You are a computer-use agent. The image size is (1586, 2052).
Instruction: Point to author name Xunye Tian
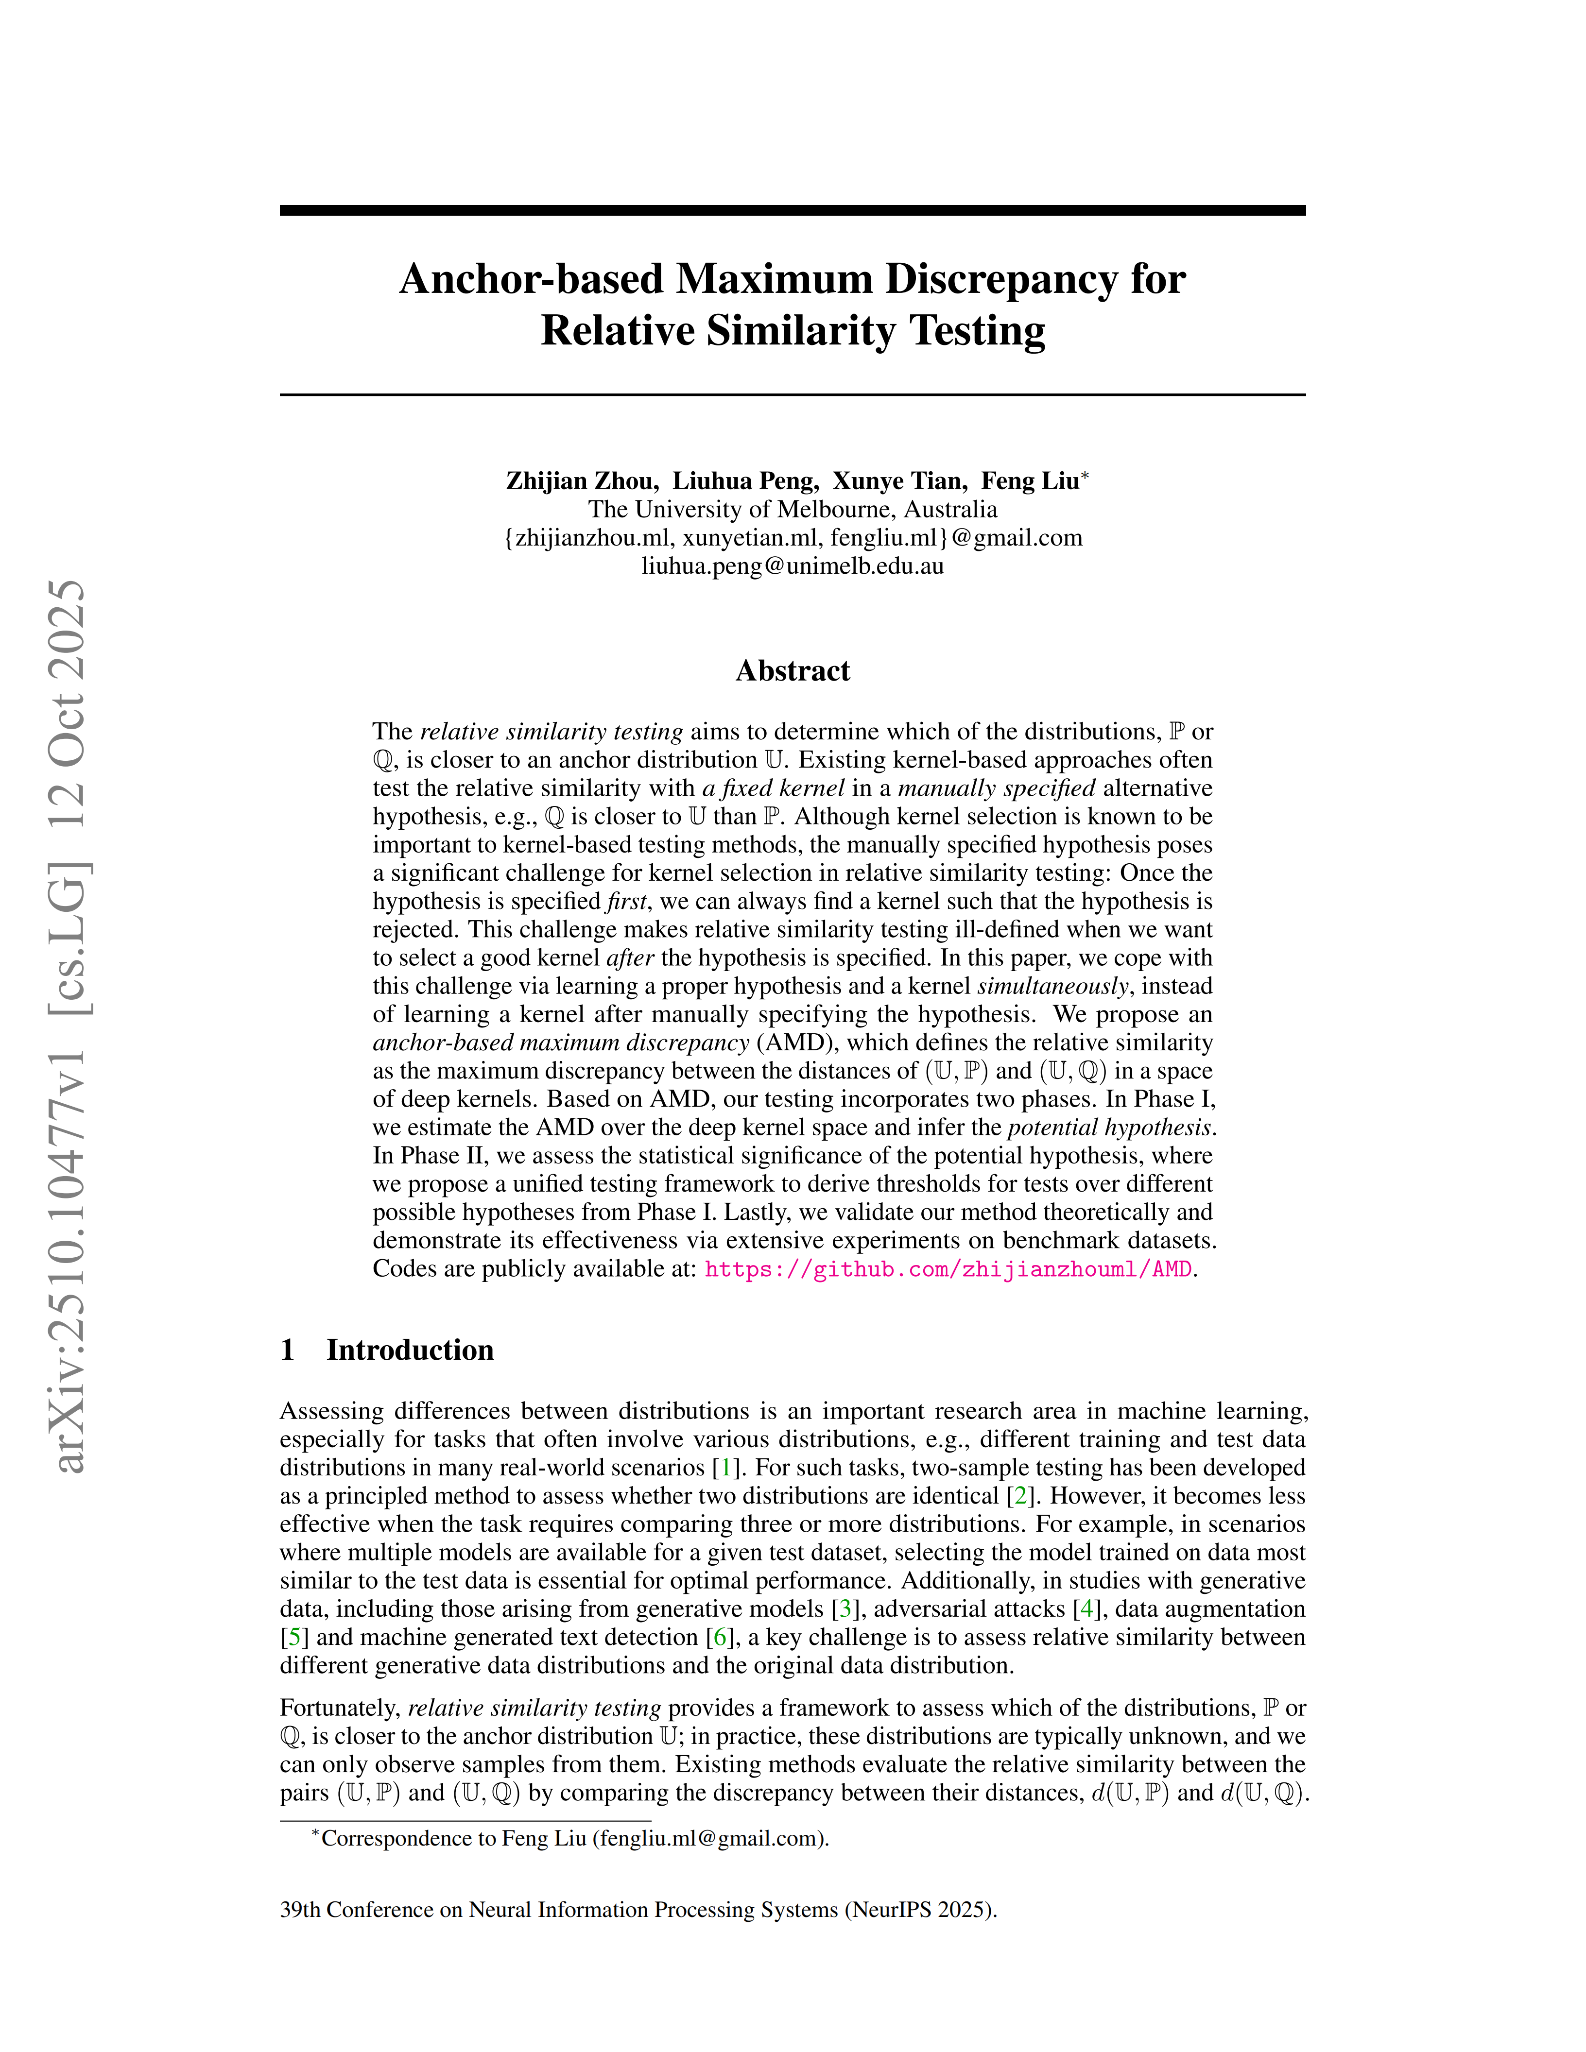click(899, 481)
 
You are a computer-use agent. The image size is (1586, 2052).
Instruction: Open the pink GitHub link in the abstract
click(948, 1269)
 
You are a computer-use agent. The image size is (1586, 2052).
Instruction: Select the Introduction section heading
click(410, 1350)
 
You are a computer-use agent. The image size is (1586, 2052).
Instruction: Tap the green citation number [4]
click(1088, 1608)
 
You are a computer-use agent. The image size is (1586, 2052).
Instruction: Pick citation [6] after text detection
click(721, 1637)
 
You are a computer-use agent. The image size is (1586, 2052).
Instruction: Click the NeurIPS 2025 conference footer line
click(638, 1909)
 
